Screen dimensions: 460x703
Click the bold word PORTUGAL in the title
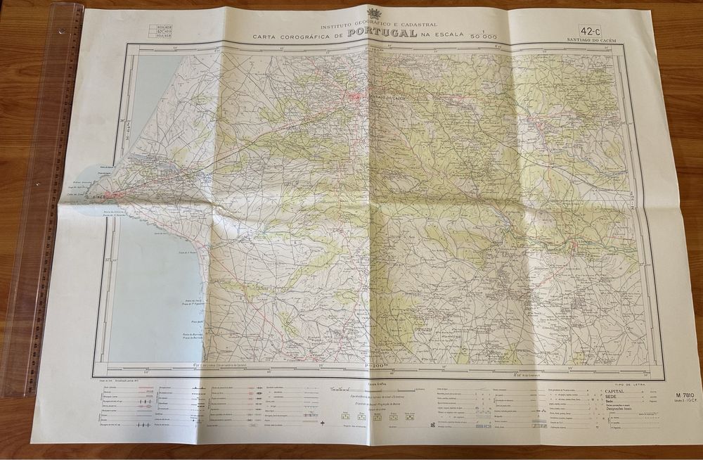pos(382,33)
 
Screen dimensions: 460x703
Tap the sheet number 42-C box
pos(591,30)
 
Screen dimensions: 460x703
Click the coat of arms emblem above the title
pos(372,12)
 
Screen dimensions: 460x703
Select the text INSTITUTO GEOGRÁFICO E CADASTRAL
pos(369,25)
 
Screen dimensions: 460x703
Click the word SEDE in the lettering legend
pos(606,397)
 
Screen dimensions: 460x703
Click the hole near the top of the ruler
pos(61,30)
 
